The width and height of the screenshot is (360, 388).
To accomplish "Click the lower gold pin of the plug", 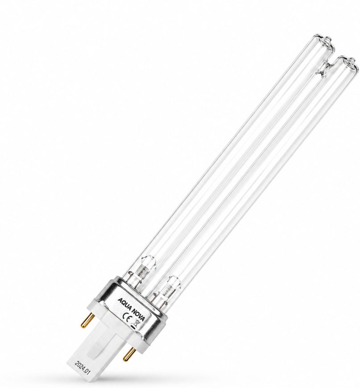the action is [128, 352].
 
